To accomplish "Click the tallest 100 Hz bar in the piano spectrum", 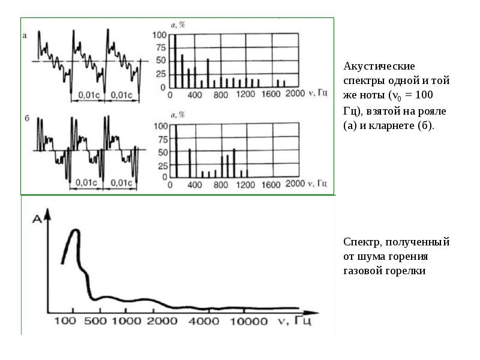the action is pyautogui.click(x=175, y=61).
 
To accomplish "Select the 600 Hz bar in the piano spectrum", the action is pyautogui.click(x=208, y=73).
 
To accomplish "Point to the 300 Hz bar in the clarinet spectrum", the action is pyautogui.click(x=190, y=163).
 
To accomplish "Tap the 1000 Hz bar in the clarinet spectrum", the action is pyautogui.click(x=234, y=163).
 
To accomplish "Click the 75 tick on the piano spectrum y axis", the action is pyautogui.click(x=160, y=48).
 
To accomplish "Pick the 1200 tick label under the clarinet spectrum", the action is pyautogui.click(x=245, y=185).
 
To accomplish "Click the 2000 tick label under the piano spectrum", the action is pyautogui.click(x=295, y=93).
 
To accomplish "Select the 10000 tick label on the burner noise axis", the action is pyautogui.click(x=248, y=321).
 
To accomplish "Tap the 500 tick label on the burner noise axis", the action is pyautogui.click(x=95, y=321).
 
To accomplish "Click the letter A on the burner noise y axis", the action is pyautogui.click(x=37, y=219).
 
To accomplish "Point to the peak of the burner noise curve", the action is pyautogui.click(x=76, y=230).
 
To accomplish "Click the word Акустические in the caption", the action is pyautogui.click(x=379, y=66).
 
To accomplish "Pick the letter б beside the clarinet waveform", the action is pyautogui.click(x=27, y=118).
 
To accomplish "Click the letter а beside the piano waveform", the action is pyautogui.click(x=25, y=36).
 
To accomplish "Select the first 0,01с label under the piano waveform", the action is pyautogui.click(x=89, y=95).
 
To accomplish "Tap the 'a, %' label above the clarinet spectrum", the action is pyautogui.click(x=178, y=115).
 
